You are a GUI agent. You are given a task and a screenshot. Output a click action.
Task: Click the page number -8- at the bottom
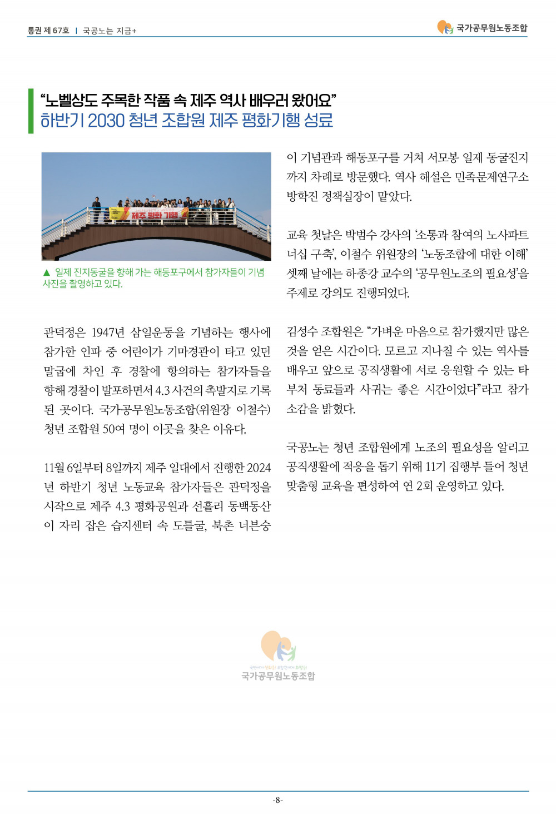pyautogui.click(x=278, y=800)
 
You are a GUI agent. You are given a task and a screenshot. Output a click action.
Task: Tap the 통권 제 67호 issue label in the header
pyautogui.click(x=48, y=31)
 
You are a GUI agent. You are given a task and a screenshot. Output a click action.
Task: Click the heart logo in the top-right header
pyautogui.click(x=445, y=27)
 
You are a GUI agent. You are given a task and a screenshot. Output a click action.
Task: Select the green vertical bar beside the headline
pyautogui.click(x=31, y=111)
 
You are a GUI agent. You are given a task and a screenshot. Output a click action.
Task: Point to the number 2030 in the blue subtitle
pyautogui.click(x=106, y=120)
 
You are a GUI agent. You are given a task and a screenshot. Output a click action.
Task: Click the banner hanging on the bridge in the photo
pyautogui.click(x=149, y=215)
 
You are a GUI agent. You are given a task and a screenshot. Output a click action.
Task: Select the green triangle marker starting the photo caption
pyautogui.click(x=46, y=272)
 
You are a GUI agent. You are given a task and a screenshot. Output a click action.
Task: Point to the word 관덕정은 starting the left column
pyautogui.click(x=64, y=332)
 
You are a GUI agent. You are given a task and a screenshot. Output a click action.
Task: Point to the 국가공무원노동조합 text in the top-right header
pyautogui.click(x=492, y=28)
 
